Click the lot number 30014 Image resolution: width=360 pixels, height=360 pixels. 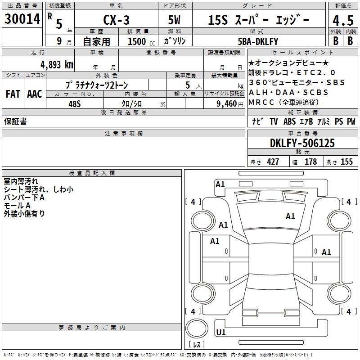coord(22,19)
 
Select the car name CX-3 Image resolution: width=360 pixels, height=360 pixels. coord(116,20)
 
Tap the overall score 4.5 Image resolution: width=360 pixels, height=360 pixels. coord(343,20)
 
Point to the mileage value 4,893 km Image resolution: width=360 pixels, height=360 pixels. coord(57,65)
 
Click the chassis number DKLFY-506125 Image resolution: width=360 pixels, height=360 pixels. coord(302,143)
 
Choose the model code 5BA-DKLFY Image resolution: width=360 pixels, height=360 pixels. coord(258,41)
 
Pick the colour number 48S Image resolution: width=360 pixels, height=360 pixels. coord(75,104)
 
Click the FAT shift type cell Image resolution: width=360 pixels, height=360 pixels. coord(13,94)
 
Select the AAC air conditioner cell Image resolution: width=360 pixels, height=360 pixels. coord(35,94)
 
